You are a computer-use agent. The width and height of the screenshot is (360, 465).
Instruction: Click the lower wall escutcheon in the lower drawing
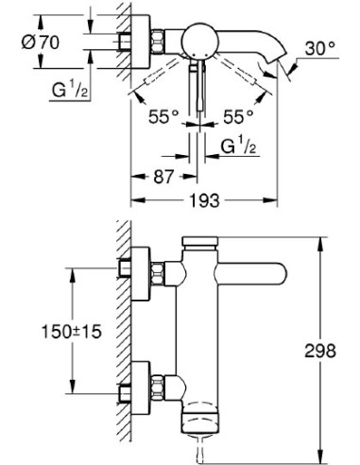(141, 388)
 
